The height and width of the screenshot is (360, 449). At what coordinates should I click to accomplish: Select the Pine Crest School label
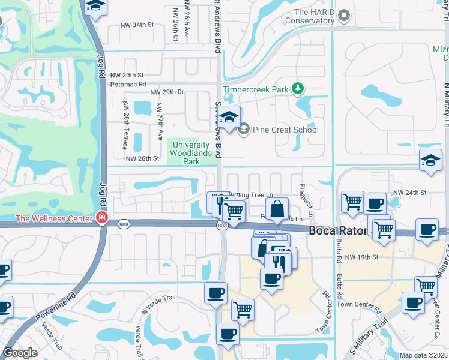(285, 130)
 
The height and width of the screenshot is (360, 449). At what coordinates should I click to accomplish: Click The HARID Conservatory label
(310, 16)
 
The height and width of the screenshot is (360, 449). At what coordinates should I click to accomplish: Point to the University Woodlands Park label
(191, 153)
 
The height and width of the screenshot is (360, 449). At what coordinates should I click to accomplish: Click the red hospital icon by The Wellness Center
(103, 218)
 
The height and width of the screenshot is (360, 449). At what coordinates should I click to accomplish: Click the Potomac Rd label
(128, 85)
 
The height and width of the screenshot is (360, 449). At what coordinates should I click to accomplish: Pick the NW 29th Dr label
(167, 92)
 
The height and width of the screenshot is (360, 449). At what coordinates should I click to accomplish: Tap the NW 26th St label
(142, 158)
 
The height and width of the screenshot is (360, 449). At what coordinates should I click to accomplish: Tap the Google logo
(20, 353)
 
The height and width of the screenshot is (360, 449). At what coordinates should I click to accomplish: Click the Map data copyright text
(423, 355)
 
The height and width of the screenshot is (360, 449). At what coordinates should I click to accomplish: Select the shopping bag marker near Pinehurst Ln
(277, 210)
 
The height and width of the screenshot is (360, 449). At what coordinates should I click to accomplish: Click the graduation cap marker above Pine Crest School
(228, 118)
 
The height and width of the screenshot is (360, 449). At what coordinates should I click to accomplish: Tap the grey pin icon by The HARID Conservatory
(343, 15)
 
